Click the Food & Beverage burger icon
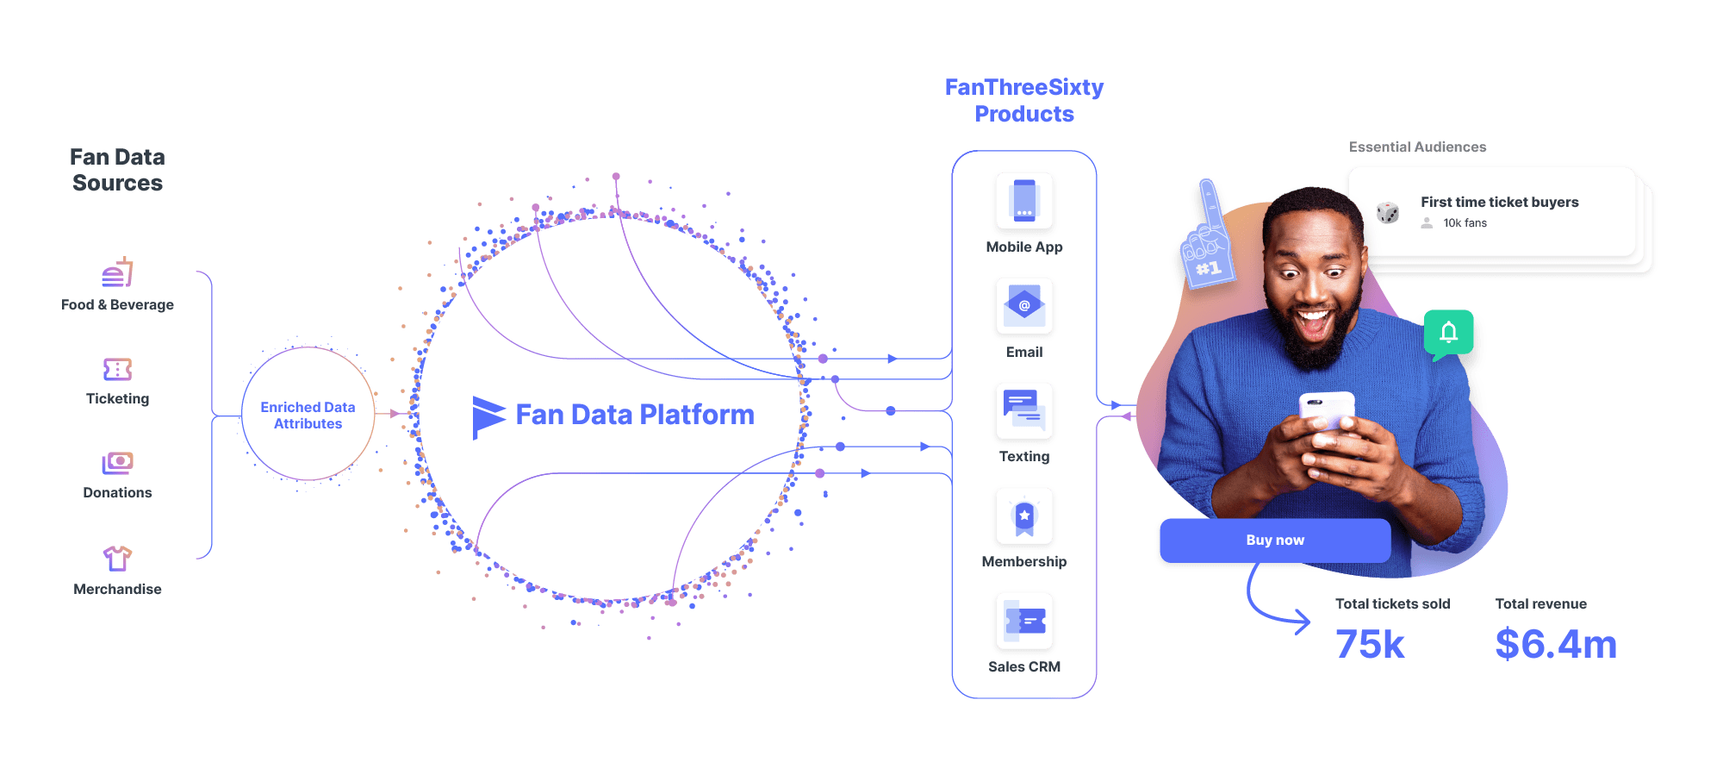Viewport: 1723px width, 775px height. tap(117, 273)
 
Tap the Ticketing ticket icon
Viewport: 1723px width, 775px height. tap(117, 370)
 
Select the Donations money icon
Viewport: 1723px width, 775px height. tap(117, 463)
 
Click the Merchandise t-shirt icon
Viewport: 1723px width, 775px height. tap(117, 559)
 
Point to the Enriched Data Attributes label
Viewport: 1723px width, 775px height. tap(308, 415)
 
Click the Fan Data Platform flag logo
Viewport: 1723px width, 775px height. tap(488, 416)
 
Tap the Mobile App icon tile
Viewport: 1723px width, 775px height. tap(1023, 202)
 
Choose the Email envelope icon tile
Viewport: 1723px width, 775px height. tap(1023, 307)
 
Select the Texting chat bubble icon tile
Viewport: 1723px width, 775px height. tap(1023, 412)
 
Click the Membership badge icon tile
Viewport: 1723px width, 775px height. tap(1023, 517)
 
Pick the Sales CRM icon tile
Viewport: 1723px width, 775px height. tap(1023, 622)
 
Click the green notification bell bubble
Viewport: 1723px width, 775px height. tap(1448, 333)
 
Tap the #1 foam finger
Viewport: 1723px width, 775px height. tap(1208, 237)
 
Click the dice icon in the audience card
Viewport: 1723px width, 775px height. tap(1387, 212)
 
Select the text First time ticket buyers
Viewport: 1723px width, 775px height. tap(1499, 202)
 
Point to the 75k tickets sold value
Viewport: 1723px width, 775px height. tap(1370, 644)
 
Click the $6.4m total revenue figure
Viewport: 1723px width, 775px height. tap(1555, 644)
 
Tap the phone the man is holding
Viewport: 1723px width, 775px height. tap(1327, 409)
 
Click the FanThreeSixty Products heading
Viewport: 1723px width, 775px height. tap(1023, 100)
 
